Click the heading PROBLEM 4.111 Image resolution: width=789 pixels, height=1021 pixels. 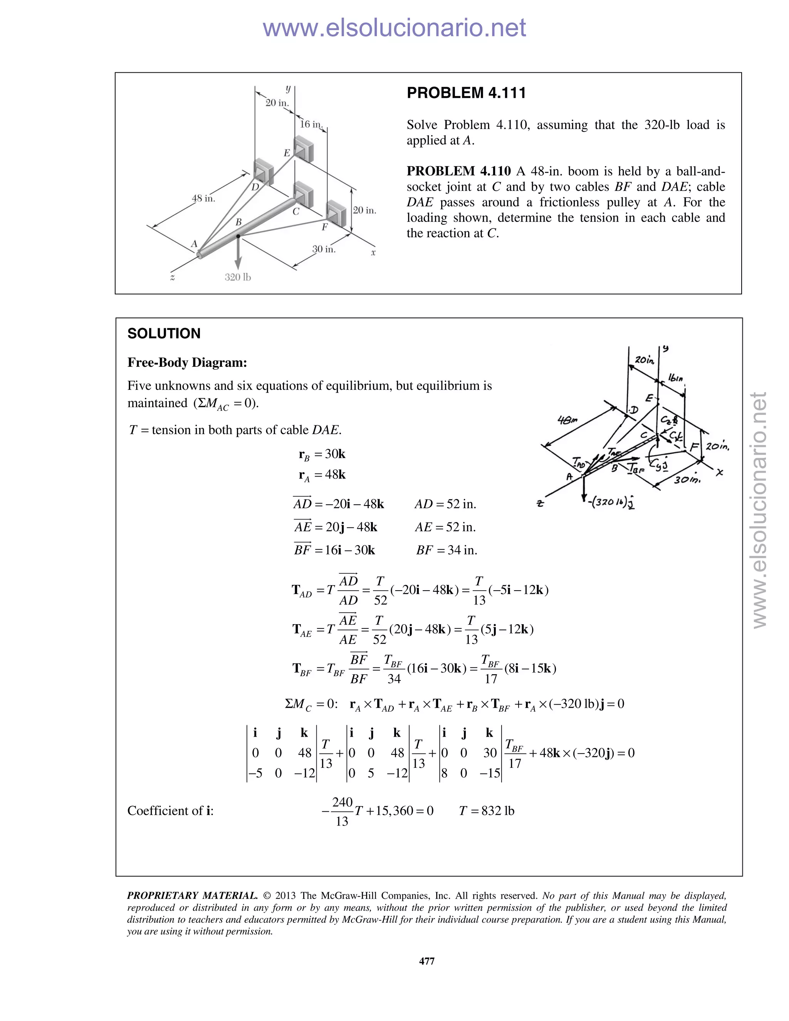[x=466, y=93]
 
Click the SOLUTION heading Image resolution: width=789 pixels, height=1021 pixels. [x=164, y=334]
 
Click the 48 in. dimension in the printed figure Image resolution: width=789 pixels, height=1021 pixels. [x=203, y=198]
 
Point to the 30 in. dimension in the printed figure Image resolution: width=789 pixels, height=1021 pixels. [x=324, y=249]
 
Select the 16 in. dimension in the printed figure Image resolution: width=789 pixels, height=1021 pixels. [x=311, y=124]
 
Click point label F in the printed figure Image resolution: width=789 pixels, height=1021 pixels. [x=324, y=227]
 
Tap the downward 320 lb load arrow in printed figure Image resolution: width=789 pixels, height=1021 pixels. [x=238, y=255]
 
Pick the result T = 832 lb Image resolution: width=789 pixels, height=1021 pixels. [x=486, y=811]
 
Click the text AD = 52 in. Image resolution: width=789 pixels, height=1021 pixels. [x=445, y=504]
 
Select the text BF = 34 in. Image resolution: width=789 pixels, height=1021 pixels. [x=447, y=550]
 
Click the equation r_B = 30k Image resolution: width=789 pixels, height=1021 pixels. [x=322, y=454]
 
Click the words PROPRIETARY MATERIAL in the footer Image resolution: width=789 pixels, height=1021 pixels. [x=192, y=896]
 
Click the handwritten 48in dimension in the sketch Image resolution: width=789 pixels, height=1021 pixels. [x=567, y=420]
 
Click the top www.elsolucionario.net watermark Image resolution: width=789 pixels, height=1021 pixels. [x=394, y=28]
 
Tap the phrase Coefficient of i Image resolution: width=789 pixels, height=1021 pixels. [x=170, y=811]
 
